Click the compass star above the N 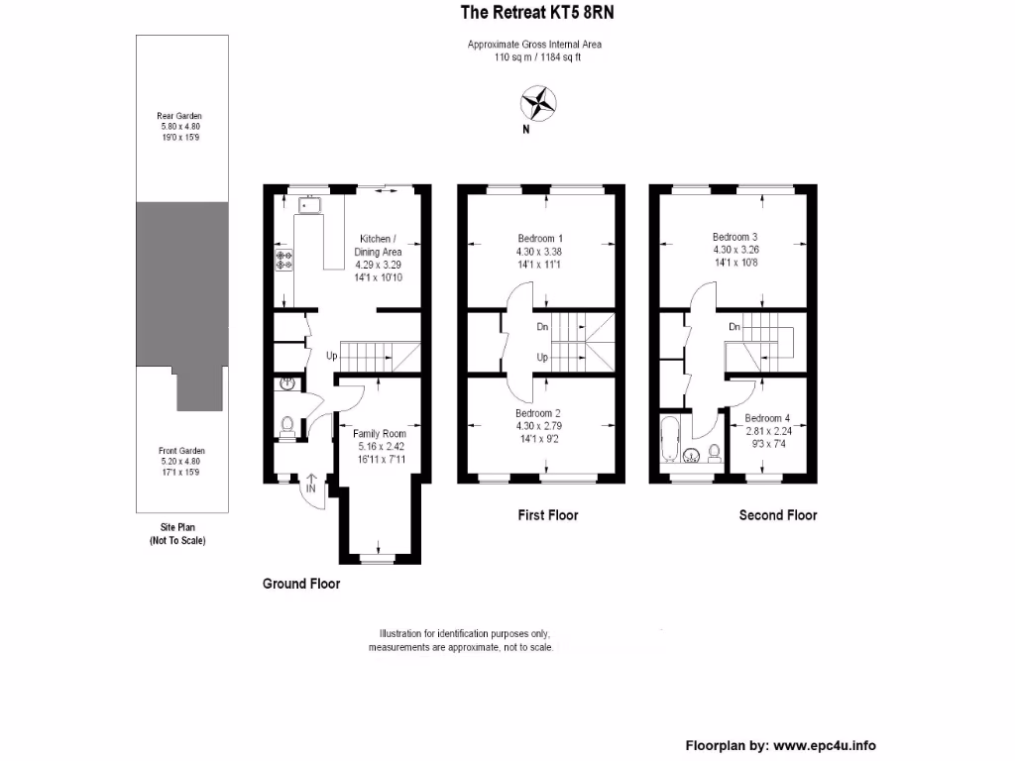[x=539, y=102]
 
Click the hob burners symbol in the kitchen [x=284, y=261]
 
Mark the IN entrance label [x=311, y=489]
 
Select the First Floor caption [x=547, y=515]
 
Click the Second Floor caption [x=778, y=515]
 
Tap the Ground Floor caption [x=300, y=584]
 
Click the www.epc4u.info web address [x=824, y=746]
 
